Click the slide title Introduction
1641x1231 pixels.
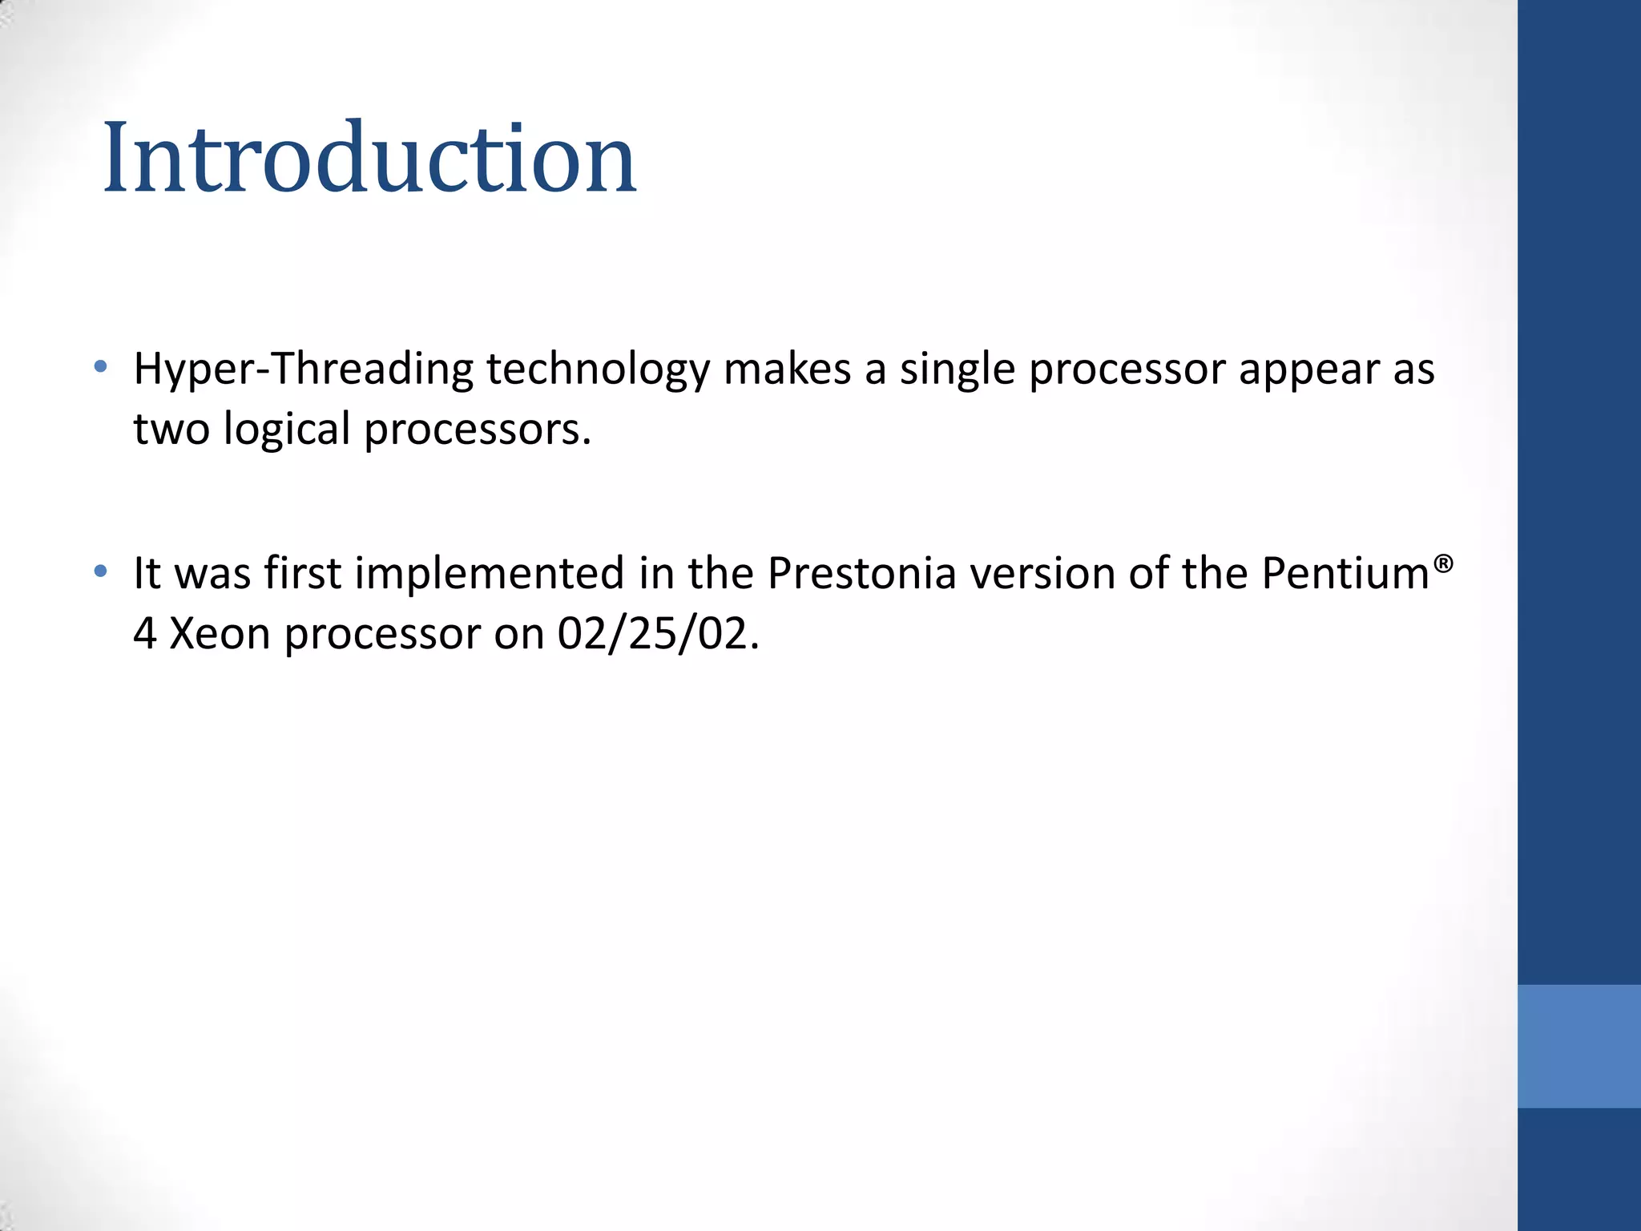[369, 157]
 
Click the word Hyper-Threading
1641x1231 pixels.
[304, 369]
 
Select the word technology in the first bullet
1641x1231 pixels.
[598, 369]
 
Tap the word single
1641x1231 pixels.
[957, 369]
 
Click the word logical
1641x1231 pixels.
[287, 430]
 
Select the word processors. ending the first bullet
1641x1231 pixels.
[478, 431]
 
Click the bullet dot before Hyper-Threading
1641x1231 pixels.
[100, 367]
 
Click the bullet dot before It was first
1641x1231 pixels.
[100, 571]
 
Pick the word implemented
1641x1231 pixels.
[490, 574]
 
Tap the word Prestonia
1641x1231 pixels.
[861, 574]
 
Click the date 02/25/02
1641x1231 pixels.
[658, 634]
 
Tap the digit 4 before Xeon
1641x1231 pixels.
[145, 634]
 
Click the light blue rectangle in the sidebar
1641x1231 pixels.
[1579, 1046]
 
